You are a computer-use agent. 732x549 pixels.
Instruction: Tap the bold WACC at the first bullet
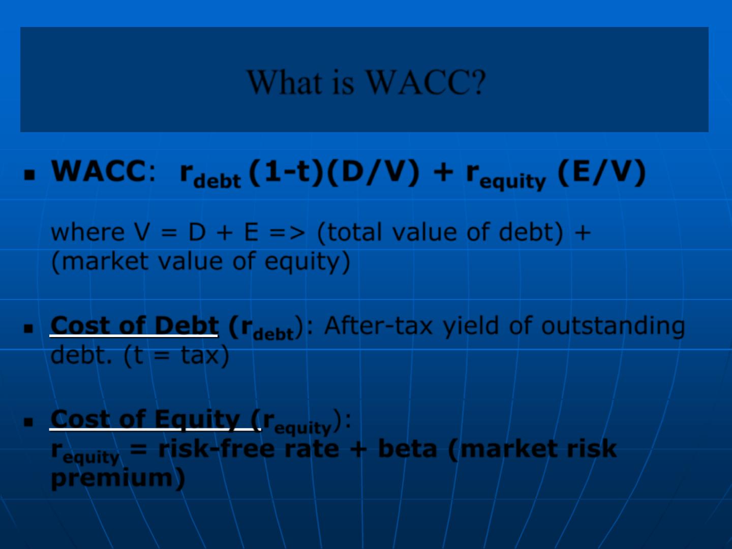(99, 171)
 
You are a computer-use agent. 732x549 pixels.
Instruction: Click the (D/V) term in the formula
(373, 173)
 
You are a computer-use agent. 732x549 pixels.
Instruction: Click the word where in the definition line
(88, 232)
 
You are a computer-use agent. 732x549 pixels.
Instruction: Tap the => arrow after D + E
(287, 233)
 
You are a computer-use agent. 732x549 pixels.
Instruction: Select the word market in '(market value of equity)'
(105, 261)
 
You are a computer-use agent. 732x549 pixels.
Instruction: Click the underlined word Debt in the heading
(187, 325)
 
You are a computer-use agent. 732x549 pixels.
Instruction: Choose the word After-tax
(378, 325)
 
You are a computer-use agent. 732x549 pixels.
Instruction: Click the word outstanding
(613, 326)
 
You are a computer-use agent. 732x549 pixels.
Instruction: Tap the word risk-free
(217, 448)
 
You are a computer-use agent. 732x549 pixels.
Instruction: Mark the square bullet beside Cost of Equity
(28, 422)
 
